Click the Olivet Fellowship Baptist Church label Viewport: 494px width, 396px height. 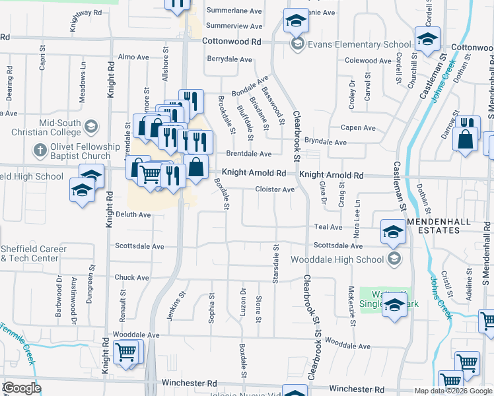[x=73, y=151]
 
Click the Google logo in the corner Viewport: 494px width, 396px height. [x=22, y=388]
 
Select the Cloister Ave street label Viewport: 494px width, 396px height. [x=275, y=189]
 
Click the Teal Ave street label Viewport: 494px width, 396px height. [x=328, y=226]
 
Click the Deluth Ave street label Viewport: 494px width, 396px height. [x=133, y=214]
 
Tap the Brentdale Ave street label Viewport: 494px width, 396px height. [x=249, y=154]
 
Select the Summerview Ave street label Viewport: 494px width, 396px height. [x=234, y=26]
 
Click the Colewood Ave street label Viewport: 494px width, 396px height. [x=369, y=61]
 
